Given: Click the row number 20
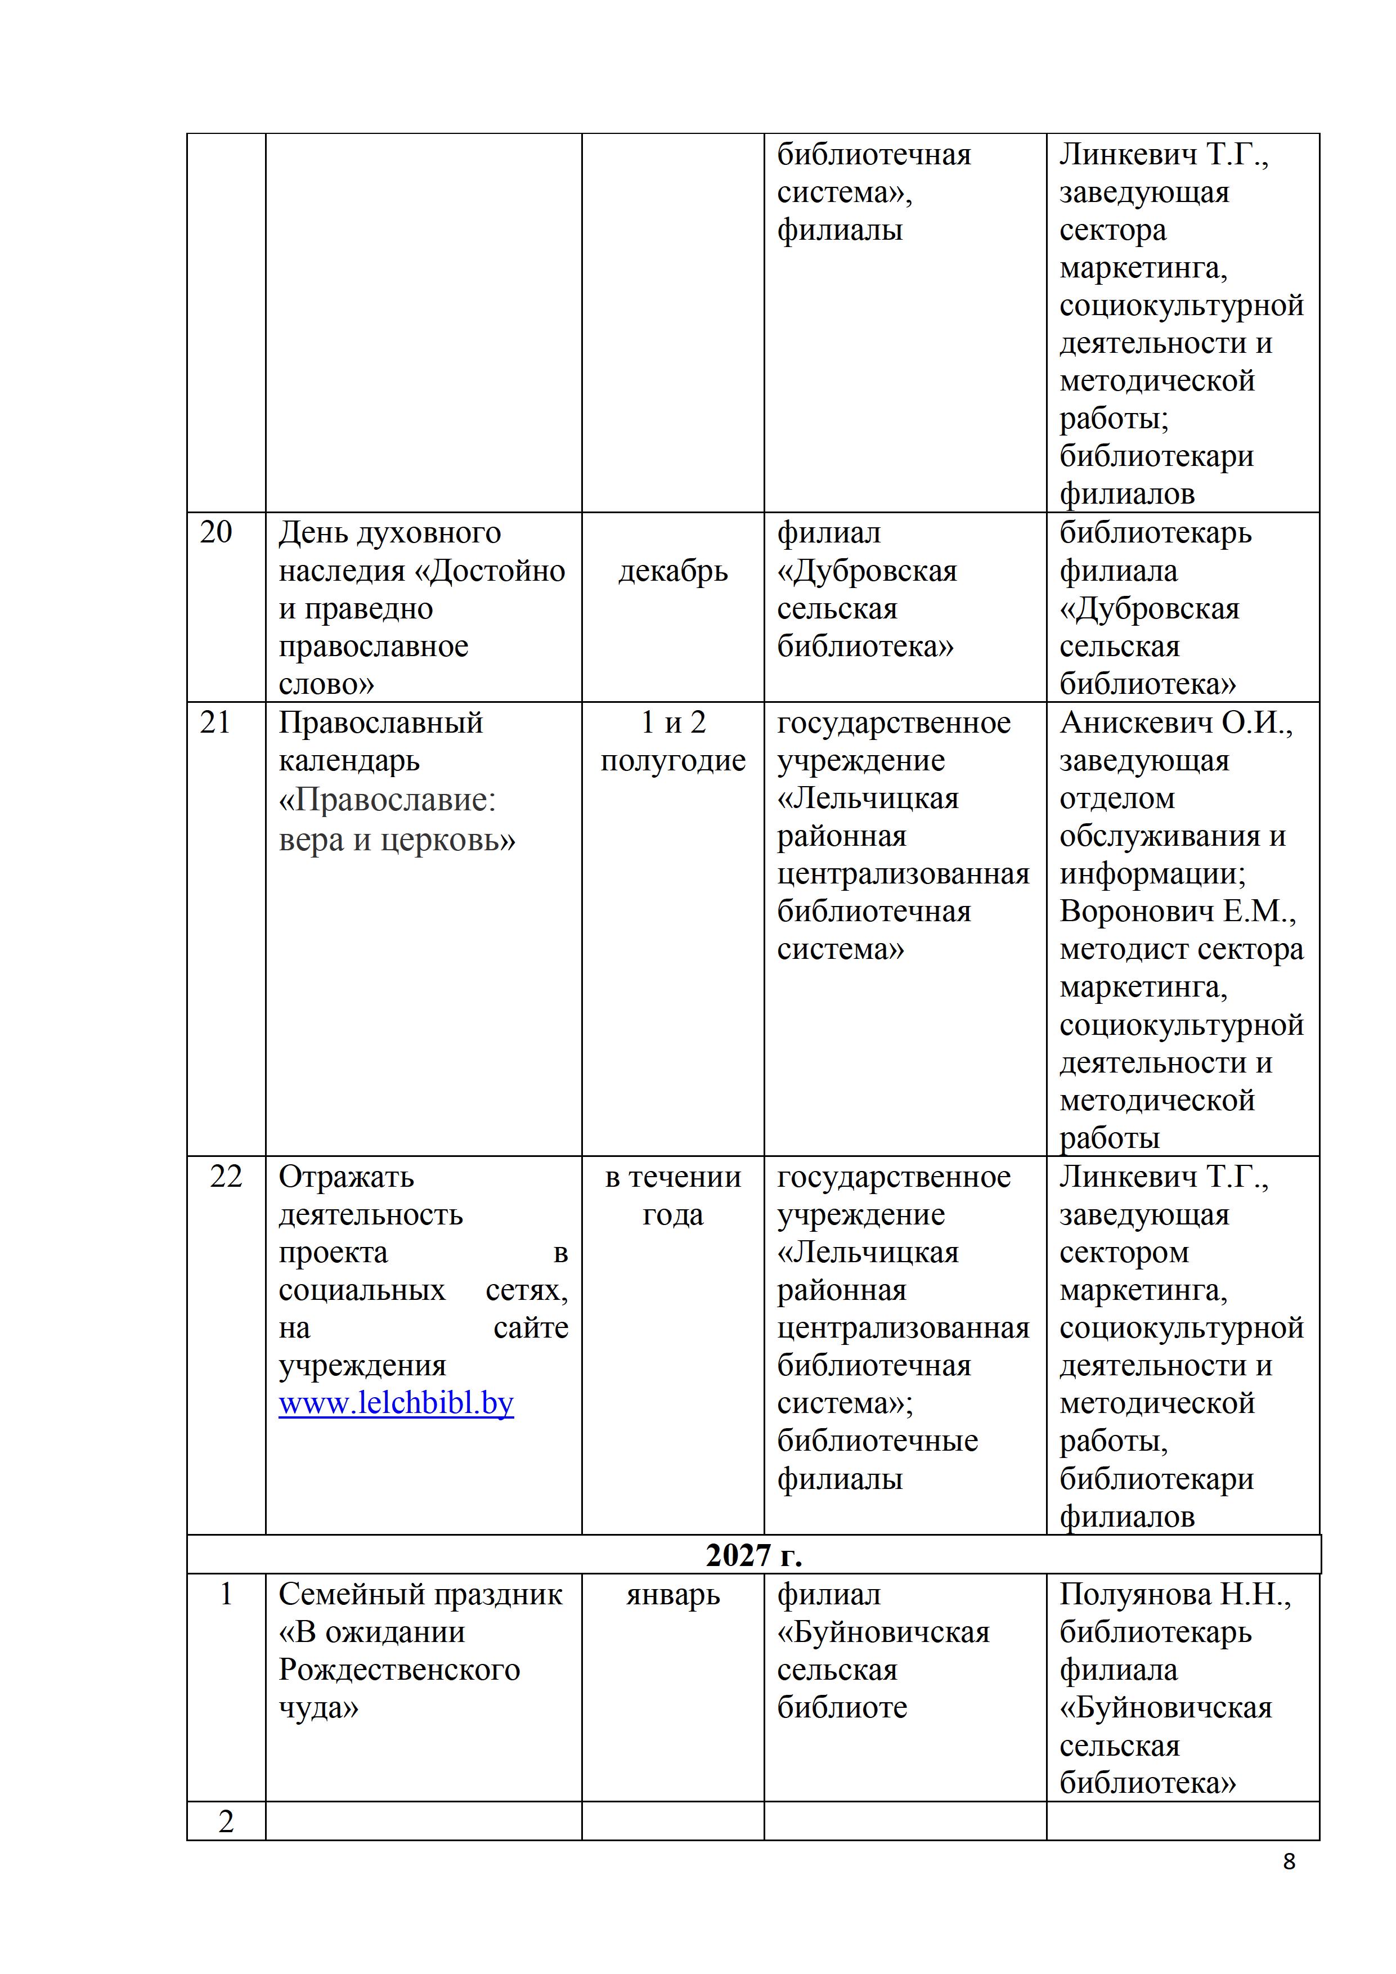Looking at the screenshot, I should [216, 532].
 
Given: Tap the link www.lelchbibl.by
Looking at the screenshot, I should [396, 1403].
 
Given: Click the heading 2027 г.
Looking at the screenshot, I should [753, 1555].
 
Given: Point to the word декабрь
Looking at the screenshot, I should [673, 571].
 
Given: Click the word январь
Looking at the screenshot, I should [673, 1595].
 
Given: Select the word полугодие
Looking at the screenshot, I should [673, 760].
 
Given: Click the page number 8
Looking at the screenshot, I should [1289, 1861].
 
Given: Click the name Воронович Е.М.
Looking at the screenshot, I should [1177, 912].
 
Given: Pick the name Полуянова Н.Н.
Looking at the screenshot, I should [1174, 1595].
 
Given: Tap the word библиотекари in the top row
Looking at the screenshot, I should [1156, 456].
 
